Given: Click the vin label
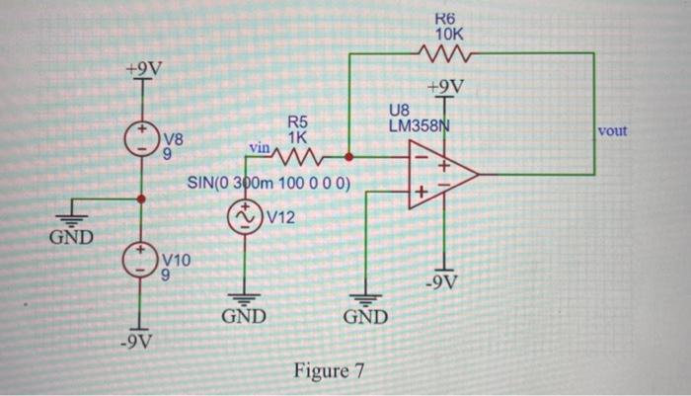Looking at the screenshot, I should point(260,146).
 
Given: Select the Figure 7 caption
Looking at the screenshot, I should point(330,371).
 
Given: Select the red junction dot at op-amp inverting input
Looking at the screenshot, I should point(348,156).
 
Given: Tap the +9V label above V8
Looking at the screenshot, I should point(144,69).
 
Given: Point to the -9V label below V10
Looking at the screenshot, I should point(139,344).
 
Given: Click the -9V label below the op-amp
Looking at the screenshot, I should point(442,284).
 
